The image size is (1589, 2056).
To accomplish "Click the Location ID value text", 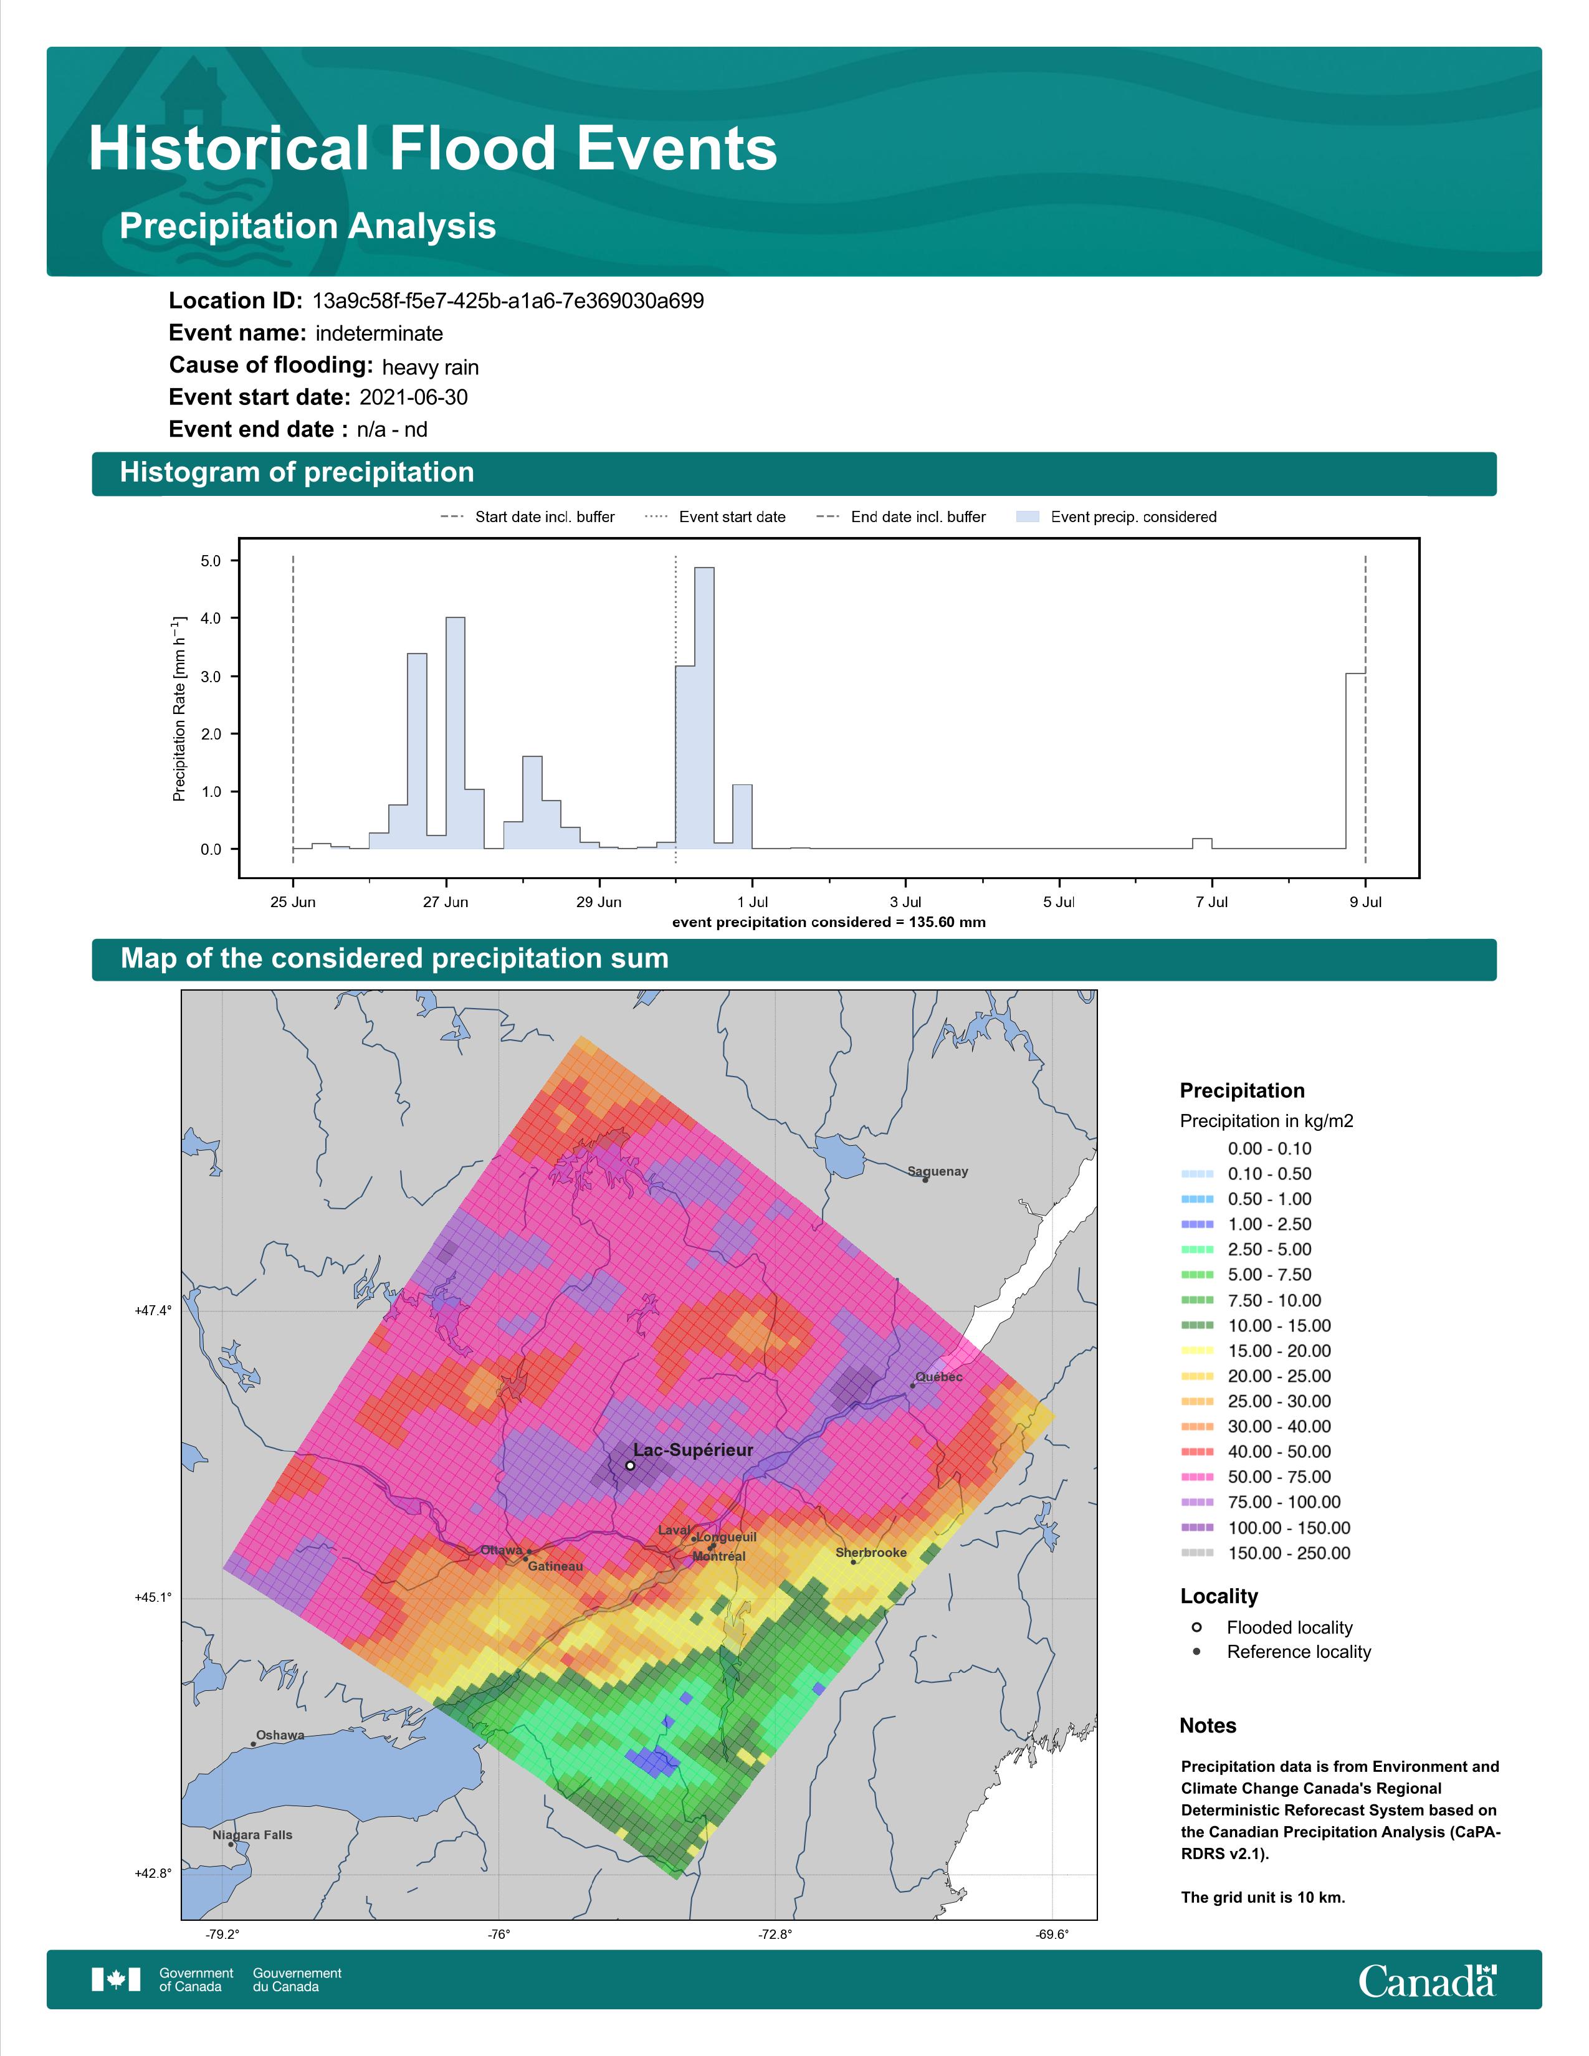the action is point(508,302).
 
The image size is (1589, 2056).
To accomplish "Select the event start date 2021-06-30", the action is point(413,397).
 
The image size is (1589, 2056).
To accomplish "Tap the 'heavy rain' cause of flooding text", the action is point(430,367).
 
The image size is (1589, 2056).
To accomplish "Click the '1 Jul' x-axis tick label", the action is point(752,902).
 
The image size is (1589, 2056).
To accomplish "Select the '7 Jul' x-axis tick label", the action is point(1211,902).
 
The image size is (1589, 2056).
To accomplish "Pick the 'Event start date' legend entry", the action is point(715,517).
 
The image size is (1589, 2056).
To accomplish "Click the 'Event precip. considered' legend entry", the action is point(1117,517).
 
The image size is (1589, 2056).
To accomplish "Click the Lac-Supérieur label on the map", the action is point(693,1450).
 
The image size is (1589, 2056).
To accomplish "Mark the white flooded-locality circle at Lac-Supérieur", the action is point(630,1466).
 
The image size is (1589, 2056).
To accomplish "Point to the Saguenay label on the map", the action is point(938,1171).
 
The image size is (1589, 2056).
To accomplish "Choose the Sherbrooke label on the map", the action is point(871,1553).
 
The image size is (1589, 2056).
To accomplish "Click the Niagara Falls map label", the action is point(252,1835).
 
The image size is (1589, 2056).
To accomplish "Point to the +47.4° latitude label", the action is point(153,1310).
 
